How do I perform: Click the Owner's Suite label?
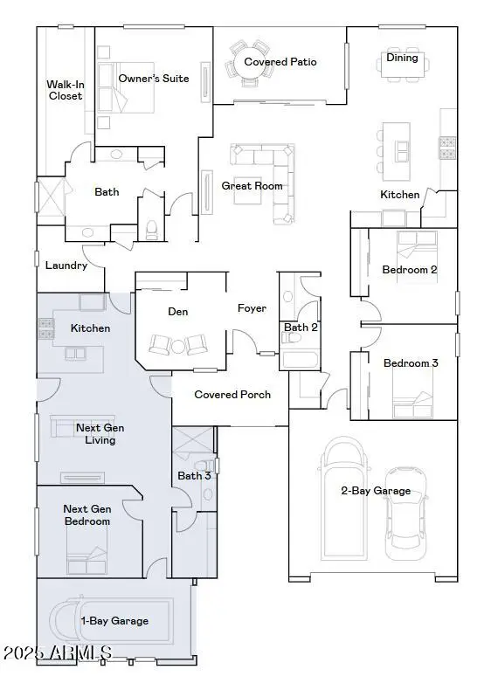tap(154, 79)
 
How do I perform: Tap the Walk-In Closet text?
tap(65, 90)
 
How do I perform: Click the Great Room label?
tap(252, 186)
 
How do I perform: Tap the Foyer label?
tap(252, 308)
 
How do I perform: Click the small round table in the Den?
tap(178, 347)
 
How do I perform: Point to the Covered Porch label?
tap(232, 395)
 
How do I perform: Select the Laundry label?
tap(66, 266)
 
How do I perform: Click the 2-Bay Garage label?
tap(375, 491)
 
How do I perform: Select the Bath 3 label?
tap(194, 476)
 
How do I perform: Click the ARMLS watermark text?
tap(58, 652)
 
